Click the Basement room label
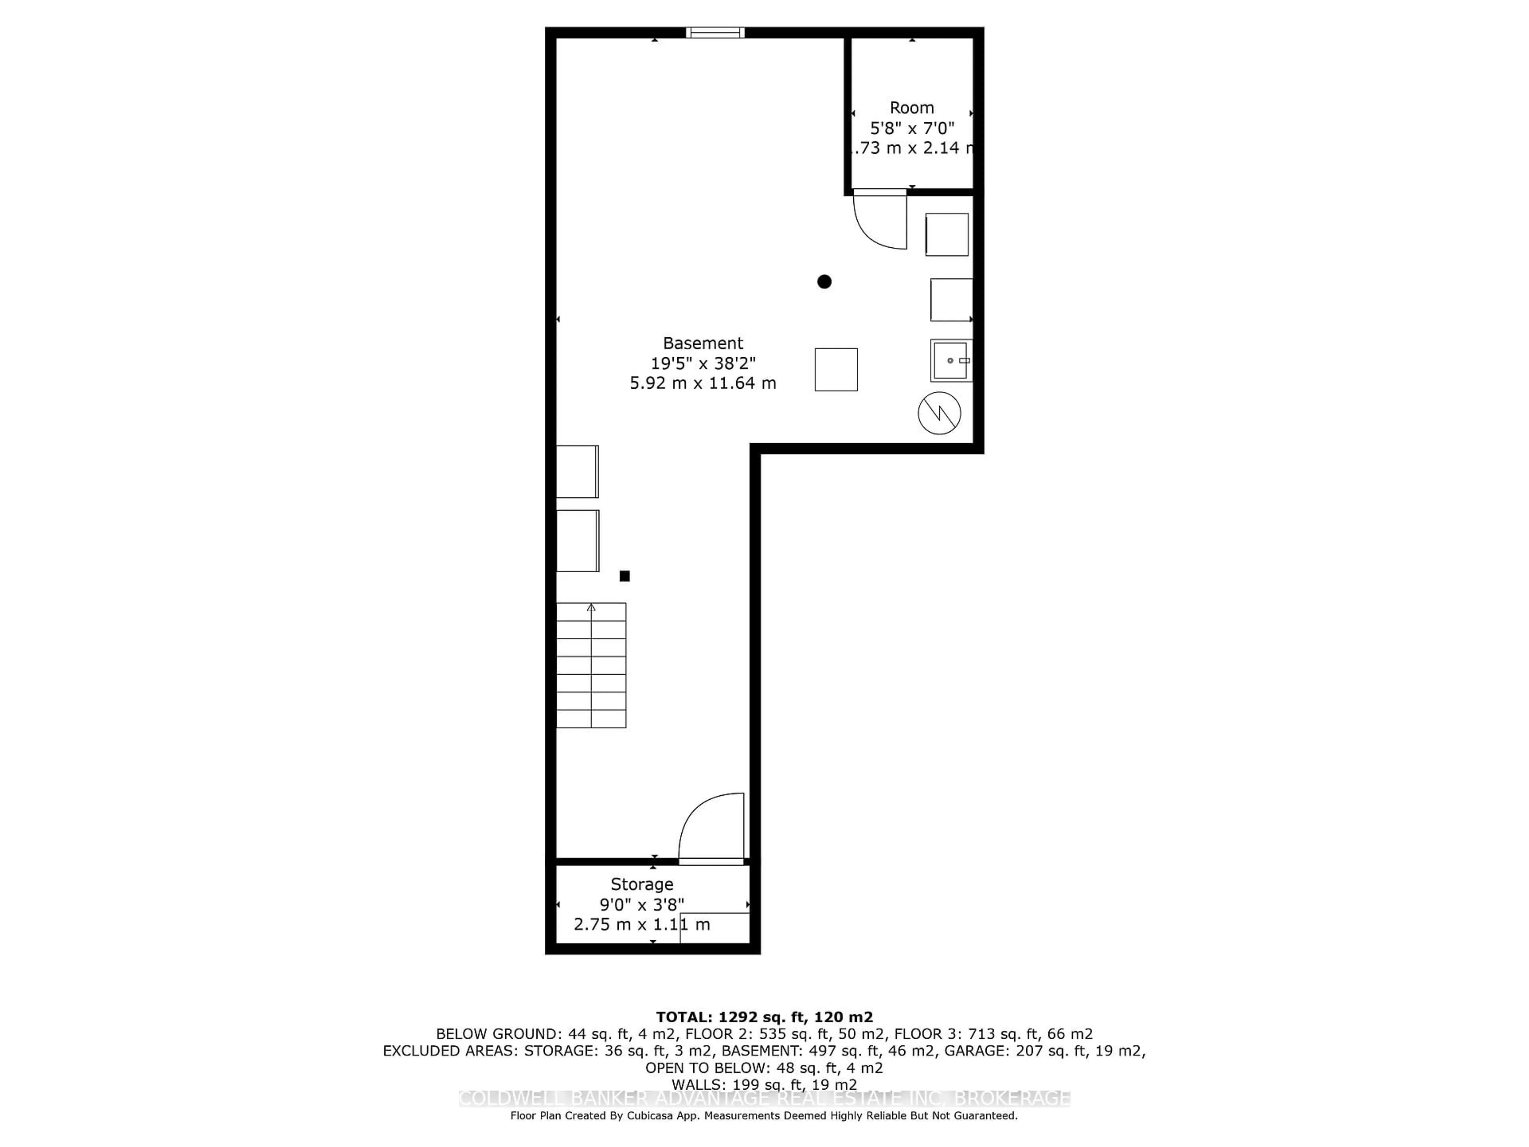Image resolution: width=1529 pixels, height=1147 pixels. coord(702,343)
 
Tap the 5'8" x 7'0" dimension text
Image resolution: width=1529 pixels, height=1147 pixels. coord(912,128)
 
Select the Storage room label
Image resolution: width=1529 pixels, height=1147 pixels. coord(641,884)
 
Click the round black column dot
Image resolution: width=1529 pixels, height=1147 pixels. coord(824,282)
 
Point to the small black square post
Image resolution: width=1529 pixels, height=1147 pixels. coord(624,576)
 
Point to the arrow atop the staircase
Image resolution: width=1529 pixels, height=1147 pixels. coord(591,608)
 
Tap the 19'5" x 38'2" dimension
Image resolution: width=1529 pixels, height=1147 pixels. coord(702,363)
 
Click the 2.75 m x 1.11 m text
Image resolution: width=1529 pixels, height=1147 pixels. coord(641,924)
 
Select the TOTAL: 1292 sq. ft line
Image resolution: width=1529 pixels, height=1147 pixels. coord(764,1017)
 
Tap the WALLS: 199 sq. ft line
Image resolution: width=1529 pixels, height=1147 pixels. coord(764,1085)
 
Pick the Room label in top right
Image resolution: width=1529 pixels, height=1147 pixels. coord(912,108)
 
